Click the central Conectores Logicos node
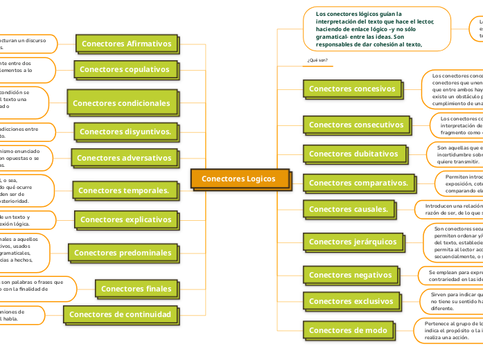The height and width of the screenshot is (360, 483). (238, 179)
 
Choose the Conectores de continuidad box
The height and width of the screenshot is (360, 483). (121, 314)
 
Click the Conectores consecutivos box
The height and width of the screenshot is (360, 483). (356, 125)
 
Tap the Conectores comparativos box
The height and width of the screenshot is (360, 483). (358, 183)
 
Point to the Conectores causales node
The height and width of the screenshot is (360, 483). (349, 208)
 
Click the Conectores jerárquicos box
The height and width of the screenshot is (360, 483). (353, 242)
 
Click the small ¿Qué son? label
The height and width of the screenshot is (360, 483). (317, 61)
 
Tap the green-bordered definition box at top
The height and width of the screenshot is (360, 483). (374, 28)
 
